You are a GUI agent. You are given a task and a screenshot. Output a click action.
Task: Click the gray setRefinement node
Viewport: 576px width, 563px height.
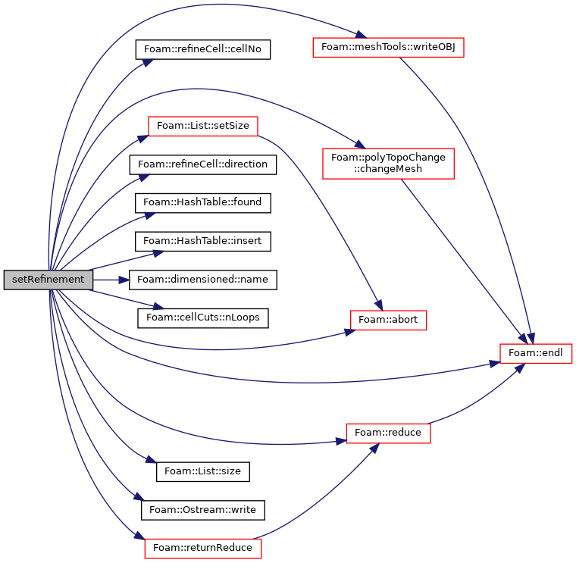coord(48,280)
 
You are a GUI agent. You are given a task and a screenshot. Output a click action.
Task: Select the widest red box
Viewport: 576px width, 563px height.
coord(388,48)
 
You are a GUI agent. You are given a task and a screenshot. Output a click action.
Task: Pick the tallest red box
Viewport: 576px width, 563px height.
coord(388,164)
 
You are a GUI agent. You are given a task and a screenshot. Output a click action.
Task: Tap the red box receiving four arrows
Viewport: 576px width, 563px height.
coord(536,354)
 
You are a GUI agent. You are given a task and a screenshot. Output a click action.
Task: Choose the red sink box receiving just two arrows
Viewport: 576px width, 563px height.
coord(389,321)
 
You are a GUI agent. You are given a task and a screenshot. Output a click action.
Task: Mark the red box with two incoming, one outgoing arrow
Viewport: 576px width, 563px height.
coord(388,433)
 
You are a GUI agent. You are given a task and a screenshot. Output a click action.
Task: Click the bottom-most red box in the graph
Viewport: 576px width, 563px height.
coord(203,549)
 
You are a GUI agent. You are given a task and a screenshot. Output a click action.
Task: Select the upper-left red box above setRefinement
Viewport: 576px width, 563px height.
coord(203,127)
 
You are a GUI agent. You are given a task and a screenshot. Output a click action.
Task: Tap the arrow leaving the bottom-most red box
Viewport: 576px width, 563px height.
coord(318,500)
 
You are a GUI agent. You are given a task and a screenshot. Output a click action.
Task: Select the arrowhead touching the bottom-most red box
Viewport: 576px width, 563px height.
coord(138,536)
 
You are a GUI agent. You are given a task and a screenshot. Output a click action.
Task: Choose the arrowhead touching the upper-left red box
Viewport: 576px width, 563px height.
coord(142,138)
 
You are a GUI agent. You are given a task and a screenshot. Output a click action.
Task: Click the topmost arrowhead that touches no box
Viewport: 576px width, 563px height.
coord(147,62)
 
